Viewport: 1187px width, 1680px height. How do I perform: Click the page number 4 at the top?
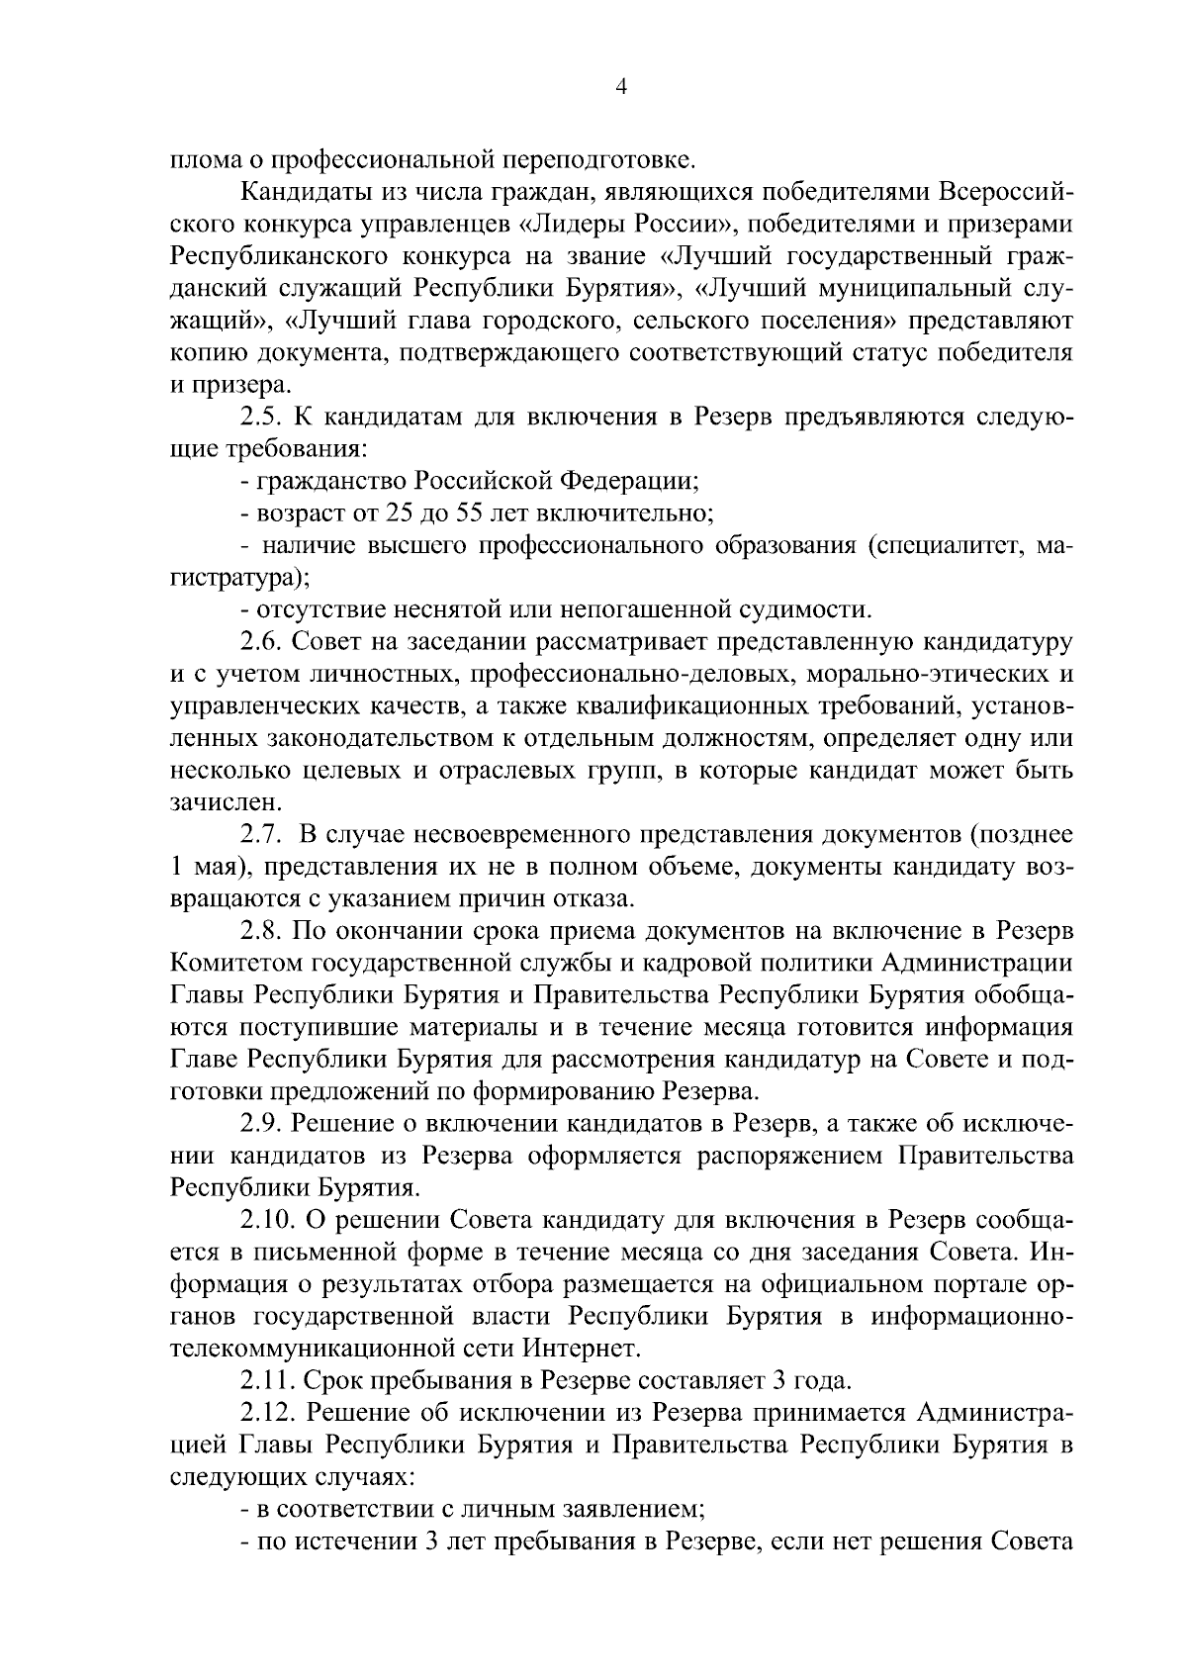[620, 87]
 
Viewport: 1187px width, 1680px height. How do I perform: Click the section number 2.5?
[260, 417]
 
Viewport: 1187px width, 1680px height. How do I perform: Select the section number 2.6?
[260, 642]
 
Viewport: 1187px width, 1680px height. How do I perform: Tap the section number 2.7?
[260, 835]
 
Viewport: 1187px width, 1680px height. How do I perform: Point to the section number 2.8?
[260, 931]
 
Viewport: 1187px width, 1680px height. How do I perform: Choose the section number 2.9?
[260, 1124]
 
